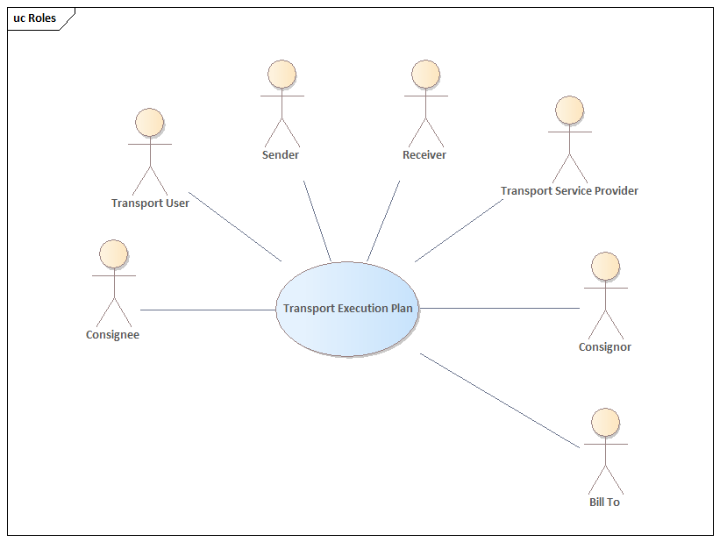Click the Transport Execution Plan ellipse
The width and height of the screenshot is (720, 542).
tap(347, 309)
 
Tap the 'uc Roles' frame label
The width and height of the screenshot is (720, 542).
tap(35, 18)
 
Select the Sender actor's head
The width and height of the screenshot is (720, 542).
tap(282, 74)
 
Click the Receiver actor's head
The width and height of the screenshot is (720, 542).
tap(425, 74)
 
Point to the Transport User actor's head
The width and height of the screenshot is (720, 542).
tap(150, 122)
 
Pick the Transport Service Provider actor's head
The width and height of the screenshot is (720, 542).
tap(569, 110)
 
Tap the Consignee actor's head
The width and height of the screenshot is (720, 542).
tap(114, 253)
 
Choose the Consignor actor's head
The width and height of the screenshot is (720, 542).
tap(605, 266)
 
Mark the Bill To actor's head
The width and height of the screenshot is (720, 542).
tap(605, 422)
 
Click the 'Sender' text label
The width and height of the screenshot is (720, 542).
tap(281, 155)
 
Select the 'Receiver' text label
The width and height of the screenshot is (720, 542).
tap(424, 155)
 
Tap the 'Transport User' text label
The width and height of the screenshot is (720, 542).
tap(150, 203)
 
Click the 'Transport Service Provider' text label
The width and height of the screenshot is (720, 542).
tap(569, 191)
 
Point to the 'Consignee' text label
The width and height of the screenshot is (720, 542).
tap(112, 334)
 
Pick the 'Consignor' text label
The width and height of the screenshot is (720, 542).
tap(605, 347)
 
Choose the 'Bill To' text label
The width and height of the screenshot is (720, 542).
tap(604, 503)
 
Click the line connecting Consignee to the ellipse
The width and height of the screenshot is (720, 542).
tap(208, 310)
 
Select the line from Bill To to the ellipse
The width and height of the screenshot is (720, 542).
tap(500, 400)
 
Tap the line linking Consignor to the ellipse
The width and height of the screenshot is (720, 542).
tap(500, 308)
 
